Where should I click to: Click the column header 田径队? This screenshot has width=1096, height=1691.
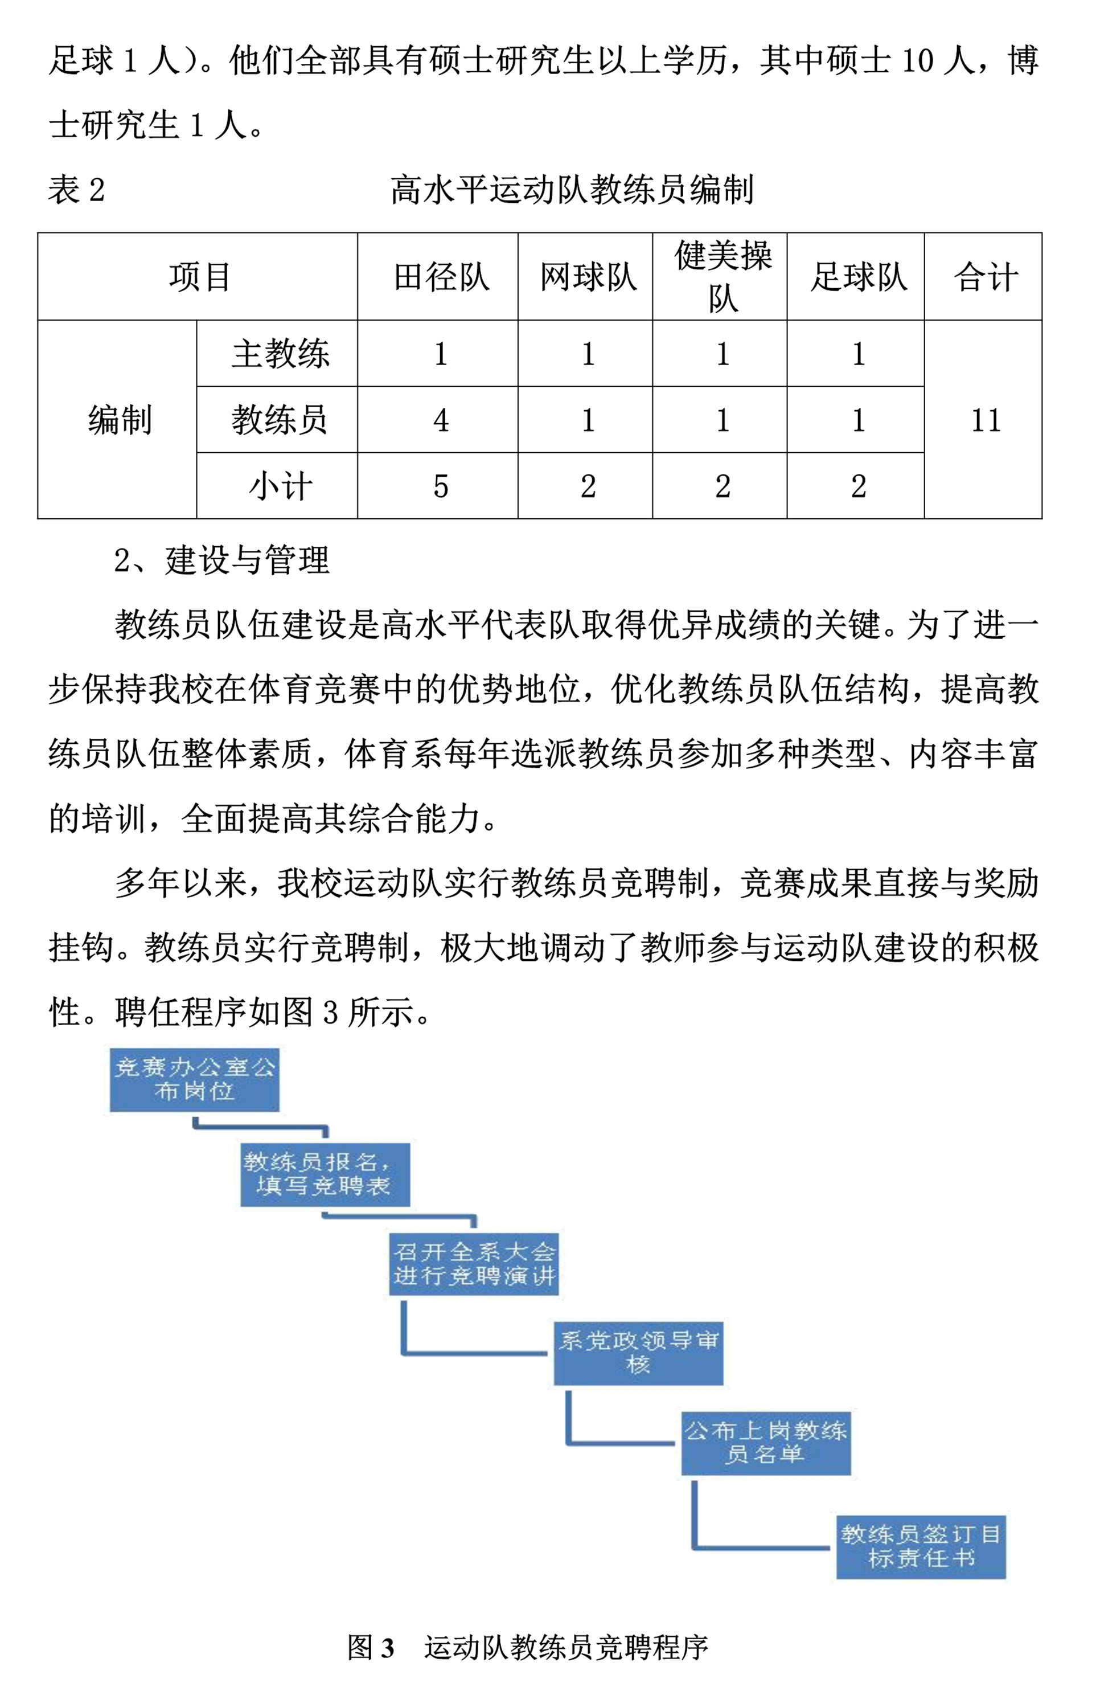click(x=440, y=276)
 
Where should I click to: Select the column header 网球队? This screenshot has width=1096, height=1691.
click(x=588, y=276)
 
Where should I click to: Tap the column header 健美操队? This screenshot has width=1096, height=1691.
click(x=722, y=276)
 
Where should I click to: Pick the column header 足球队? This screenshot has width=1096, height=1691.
click(x=858, y=276)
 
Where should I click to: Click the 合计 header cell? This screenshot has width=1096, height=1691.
click(x=985, y=276)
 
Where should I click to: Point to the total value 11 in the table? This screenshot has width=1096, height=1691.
click(x=985, y=420)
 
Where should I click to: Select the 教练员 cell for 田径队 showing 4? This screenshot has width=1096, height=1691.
click(x=440, y=420)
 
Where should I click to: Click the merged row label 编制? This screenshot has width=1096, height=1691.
click(x=120, y=420)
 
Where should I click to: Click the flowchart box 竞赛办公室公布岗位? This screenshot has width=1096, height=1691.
click(x=194, y=1079)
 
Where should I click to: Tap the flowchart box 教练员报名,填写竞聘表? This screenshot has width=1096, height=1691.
click(x=325, y=1174)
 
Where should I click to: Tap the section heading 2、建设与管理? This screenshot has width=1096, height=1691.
click(x=221, y=560)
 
